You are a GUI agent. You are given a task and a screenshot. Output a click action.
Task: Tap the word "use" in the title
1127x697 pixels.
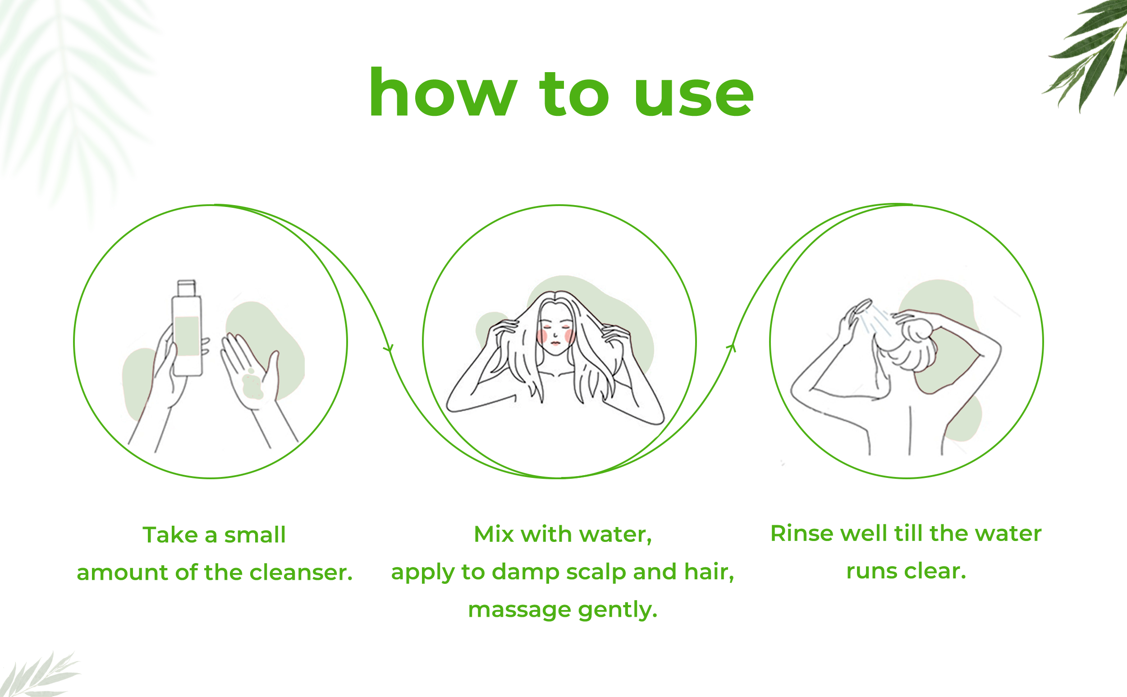[694, 97]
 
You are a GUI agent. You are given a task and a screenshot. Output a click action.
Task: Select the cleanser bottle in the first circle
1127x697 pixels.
[187, 328]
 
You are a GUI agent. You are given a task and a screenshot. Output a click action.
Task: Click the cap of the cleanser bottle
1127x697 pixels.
[187, 288]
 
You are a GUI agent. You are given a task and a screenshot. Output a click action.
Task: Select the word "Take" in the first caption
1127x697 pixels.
[170, 535]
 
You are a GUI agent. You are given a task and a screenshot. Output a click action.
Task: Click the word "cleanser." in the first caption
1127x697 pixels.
[301, 573]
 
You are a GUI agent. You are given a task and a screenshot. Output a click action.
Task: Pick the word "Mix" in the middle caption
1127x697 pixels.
[494, 534]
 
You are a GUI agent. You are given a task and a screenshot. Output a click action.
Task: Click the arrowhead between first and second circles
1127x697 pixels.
[389, 348]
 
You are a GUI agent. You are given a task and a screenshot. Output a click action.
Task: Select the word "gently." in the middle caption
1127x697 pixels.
[618, 611]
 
